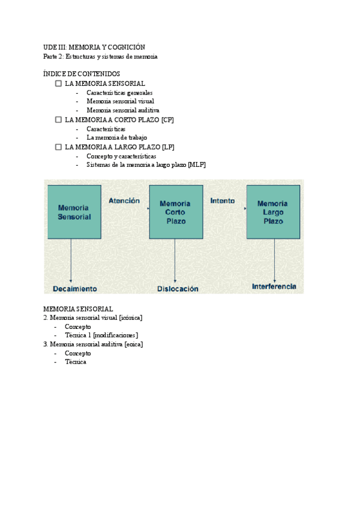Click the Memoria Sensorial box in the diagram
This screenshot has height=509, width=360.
pos(74,212)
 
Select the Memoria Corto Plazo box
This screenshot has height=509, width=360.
pos(176,212)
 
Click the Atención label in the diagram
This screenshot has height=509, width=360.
pos(124,201)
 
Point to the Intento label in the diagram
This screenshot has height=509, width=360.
pos(223,201)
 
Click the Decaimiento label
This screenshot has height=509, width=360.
pos(75,289)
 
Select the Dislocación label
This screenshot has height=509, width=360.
pos(178,289)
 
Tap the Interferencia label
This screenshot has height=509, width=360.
pos(274,287)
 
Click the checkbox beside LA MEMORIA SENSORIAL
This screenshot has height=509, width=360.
pos(58,83)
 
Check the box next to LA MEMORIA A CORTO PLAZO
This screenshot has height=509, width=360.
pos(58,119)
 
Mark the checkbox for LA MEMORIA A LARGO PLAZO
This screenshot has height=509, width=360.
pos(58,146)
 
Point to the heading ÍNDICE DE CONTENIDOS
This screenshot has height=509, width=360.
pos(82,74)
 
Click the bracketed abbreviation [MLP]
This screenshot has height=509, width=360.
pos(196,165)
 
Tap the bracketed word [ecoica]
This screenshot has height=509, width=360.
pos(133,345)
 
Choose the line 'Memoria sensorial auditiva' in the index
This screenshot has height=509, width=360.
pos(123,110)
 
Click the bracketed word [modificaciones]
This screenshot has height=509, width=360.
pos(116,336)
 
